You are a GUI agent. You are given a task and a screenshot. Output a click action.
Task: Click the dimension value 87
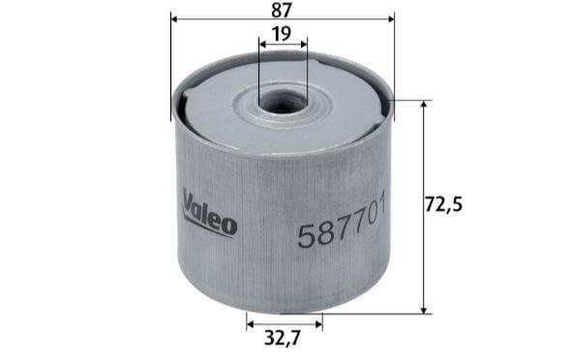tap(282, 10)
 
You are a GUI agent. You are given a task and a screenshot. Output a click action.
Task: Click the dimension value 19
tap(282, 34)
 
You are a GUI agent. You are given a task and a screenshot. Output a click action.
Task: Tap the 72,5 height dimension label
tap(444, 205)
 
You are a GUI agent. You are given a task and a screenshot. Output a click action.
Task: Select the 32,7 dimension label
tap(283, 338)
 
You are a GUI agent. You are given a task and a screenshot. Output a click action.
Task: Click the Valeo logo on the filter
tap(210, 213)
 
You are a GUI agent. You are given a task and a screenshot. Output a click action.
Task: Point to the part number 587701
tap(341, 222)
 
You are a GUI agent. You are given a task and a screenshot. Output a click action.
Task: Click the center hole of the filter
tap(282, 102)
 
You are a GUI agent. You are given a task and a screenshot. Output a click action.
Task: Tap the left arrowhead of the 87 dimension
tap(174, 18)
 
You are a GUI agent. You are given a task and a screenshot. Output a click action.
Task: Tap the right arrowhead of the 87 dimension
tap(391, 18)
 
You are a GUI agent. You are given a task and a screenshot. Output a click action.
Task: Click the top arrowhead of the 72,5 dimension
tap(424, 105)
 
